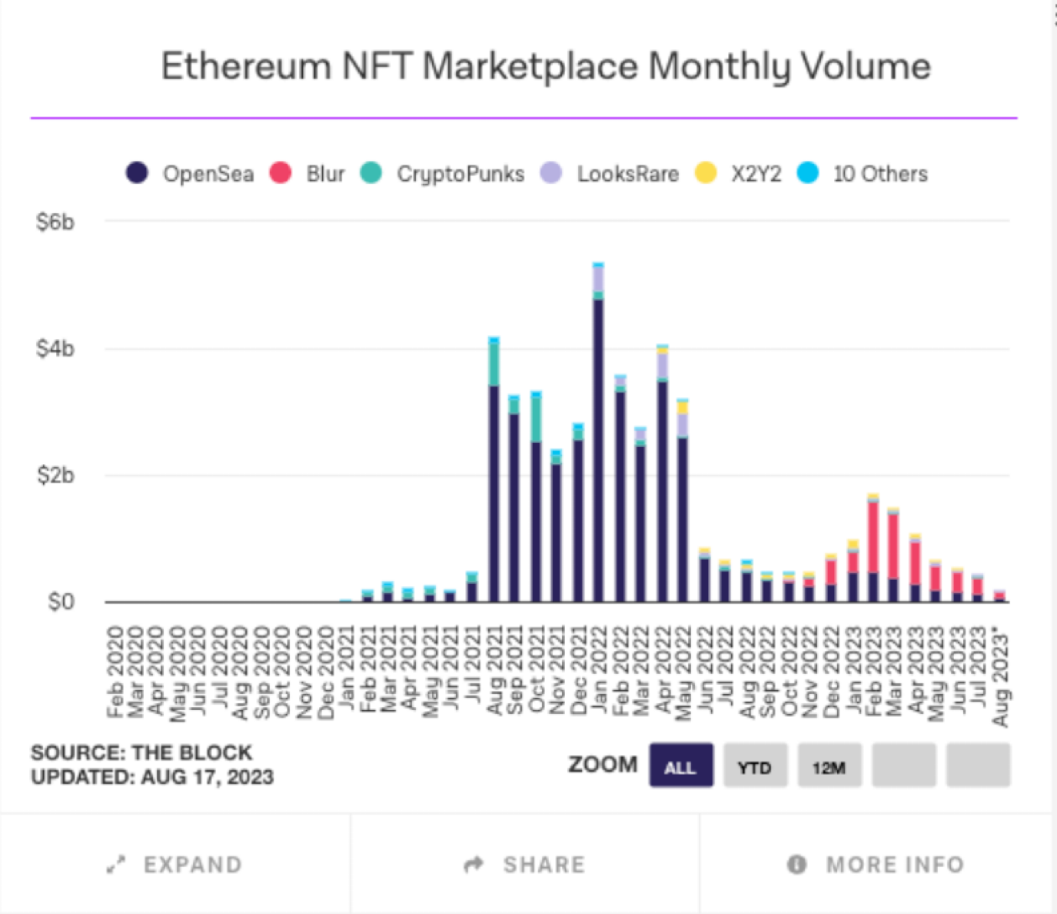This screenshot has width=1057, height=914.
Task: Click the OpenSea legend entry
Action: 190,174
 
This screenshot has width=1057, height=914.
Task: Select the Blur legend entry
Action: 307,174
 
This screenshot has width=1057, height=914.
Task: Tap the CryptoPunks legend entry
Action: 443,174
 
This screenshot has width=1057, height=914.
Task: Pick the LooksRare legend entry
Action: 610,174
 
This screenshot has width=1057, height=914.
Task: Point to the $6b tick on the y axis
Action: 55,222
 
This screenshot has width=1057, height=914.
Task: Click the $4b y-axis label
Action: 55,349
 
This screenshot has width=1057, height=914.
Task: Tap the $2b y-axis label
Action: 55,475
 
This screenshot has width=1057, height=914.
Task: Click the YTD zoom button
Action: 754,766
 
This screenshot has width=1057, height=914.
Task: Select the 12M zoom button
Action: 829,766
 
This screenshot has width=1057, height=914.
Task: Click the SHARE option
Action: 525,865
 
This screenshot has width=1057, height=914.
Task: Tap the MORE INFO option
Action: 876,865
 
